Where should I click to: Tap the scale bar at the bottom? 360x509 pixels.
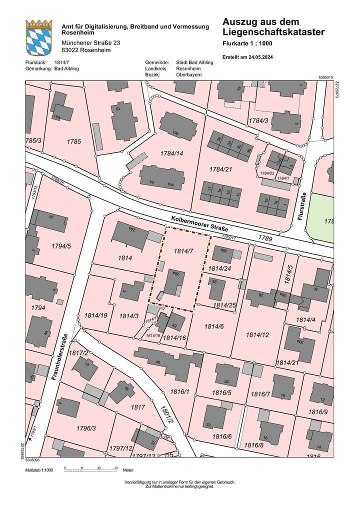coord(90,470)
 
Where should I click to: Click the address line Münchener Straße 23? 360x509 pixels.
coord(89,43)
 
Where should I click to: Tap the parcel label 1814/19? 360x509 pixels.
coord(96,315)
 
